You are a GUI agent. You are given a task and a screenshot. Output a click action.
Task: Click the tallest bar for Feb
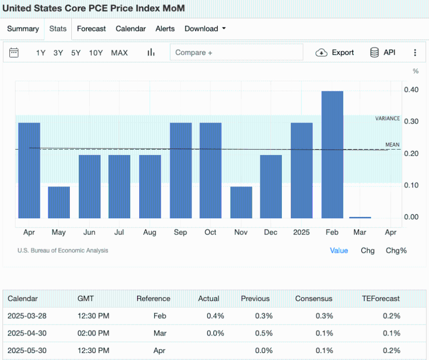pos(332,155)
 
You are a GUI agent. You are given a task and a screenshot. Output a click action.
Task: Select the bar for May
pos(59,202)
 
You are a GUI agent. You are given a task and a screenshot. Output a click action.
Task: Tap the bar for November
pos(241,202)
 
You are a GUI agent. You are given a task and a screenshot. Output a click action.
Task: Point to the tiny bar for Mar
pos(360,217)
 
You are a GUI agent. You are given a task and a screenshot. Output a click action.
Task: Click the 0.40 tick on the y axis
pos(411,90)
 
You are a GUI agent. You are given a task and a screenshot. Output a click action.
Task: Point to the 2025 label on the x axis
pos(301,232)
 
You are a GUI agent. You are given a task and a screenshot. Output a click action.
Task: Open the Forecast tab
pos(91,29)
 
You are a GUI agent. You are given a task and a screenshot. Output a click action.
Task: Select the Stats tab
pos(58,29)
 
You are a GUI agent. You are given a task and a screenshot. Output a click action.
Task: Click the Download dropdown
pos(205,29)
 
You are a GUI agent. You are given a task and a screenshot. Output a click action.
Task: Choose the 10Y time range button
pos(96,53)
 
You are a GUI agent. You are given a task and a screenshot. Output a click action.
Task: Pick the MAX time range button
pos(119,53)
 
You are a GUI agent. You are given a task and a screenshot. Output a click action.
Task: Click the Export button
pos(335,52)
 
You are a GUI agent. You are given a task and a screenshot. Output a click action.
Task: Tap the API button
pos(383,52)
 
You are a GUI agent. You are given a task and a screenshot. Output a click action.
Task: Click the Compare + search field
pos(236,52)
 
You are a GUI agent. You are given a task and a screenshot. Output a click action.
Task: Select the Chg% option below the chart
pos(396,250)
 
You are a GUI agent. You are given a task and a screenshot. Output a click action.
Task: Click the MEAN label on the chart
pos(393,145)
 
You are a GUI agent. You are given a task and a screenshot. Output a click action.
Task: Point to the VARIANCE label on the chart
pos(388,119)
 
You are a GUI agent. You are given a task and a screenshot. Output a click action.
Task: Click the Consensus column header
pos(314,299)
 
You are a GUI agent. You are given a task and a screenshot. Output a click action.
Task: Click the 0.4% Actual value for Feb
pos(215,316)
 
